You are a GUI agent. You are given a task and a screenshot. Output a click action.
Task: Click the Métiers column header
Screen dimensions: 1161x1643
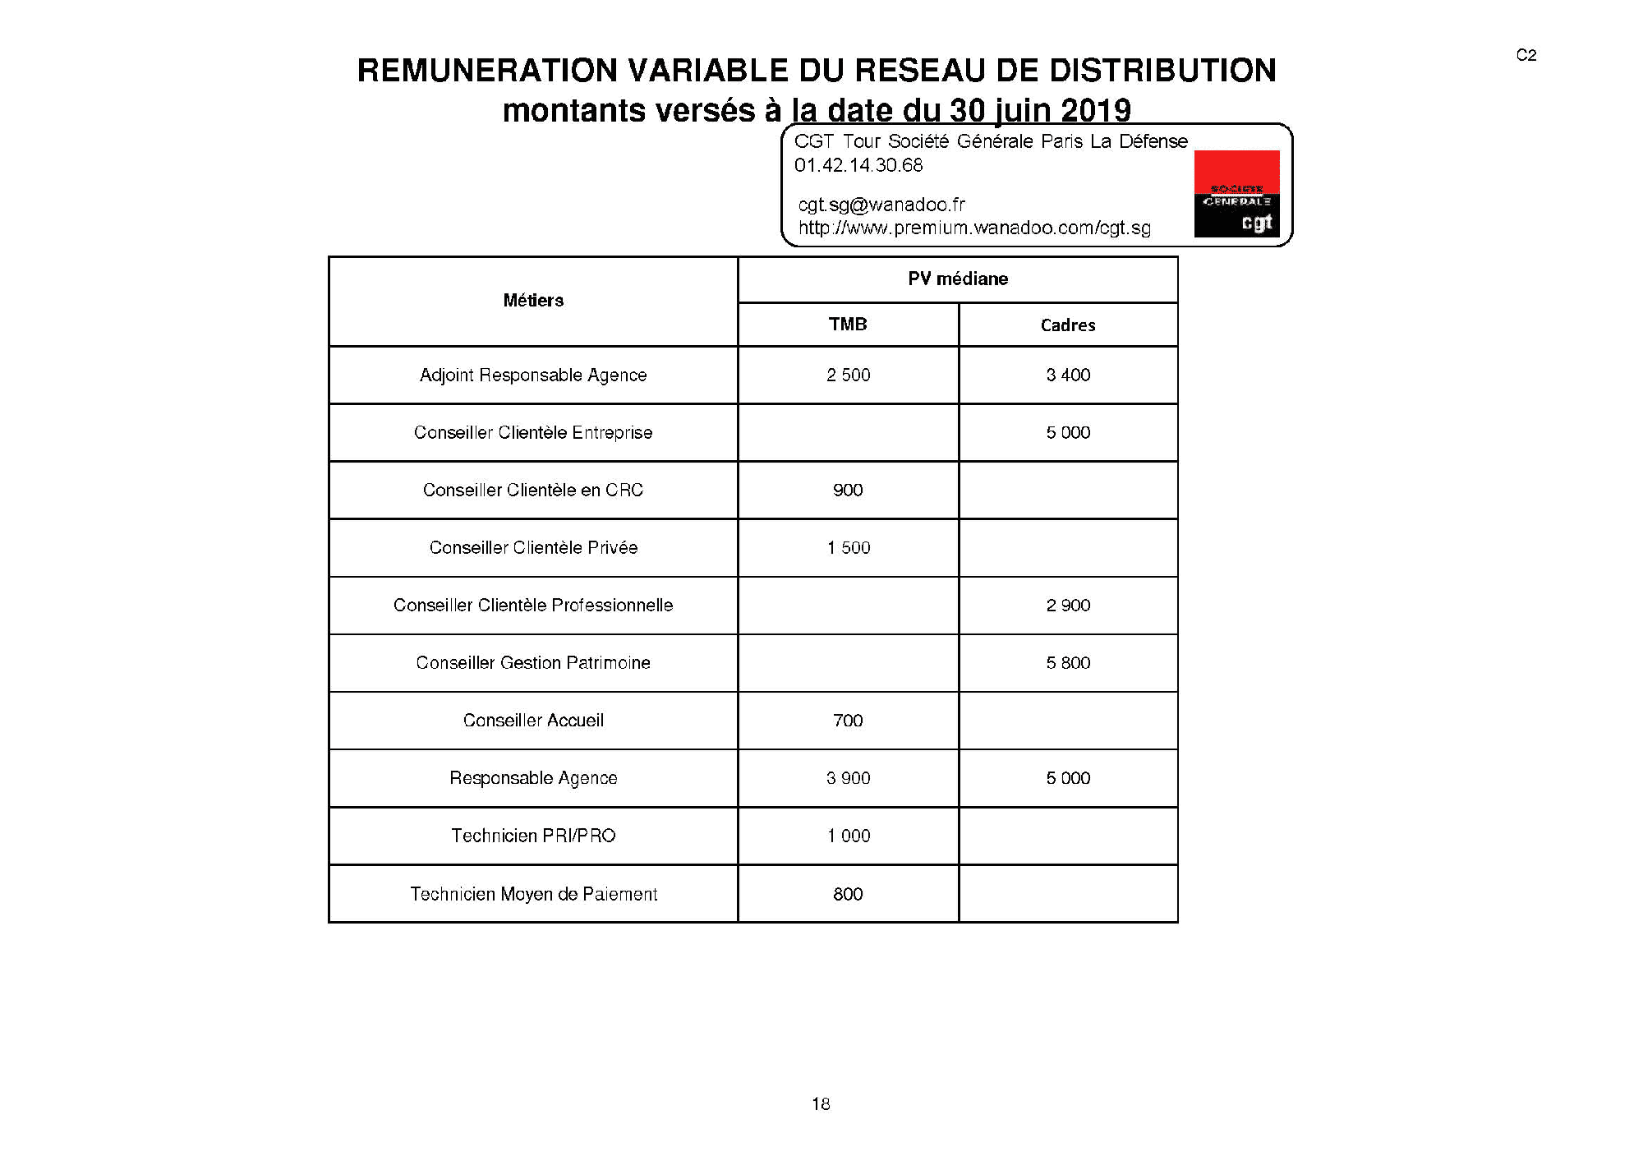tap(533, 301)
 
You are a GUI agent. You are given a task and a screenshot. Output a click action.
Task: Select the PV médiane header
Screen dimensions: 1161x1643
tap(958, 279)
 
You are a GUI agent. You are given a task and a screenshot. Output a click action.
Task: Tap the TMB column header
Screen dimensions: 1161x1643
tap(848, 325)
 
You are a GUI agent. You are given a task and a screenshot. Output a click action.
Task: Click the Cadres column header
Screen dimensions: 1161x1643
tap(1068, 325)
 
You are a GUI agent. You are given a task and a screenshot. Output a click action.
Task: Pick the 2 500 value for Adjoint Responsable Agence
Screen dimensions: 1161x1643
tap(848, 375)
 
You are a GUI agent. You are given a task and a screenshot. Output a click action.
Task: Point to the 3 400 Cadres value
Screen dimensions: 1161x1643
tap(1068, 375)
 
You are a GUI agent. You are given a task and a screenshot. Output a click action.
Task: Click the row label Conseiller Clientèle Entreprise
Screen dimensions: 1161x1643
tap(533, 433)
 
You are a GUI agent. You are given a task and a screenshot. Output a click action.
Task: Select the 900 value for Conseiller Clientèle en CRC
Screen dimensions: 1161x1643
tap(848, 491)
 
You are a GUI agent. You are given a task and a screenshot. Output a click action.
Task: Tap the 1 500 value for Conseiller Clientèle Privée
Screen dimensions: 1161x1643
tap(848, 548)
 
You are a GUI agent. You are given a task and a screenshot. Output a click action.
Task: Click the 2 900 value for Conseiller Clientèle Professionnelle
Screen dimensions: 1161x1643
tap(1068, 606)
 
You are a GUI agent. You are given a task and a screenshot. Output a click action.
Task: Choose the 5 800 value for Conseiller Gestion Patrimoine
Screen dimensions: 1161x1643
tap(1068, 663)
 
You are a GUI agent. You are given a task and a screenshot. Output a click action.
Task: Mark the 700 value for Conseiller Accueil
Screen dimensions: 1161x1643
tap(848, 721)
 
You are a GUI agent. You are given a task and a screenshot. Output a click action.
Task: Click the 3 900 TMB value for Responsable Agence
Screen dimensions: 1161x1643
tap(848, 778)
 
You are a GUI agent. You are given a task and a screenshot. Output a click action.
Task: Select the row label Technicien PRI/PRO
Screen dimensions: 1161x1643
tap(533, 836)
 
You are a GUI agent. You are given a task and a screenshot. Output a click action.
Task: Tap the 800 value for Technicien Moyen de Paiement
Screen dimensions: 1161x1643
tap(848, 894)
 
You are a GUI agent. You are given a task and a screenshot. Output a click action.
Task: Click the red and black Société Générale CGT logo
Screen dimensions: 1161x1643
tap(1236, 195)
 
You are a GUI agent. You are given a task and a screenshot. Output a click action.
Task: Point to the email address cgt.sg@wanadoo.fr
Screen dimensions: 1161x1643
tap(881, 205)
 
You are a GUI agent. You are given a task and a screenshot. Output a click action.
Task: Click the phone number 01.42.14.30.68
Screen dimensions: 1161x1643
tap(858, 165)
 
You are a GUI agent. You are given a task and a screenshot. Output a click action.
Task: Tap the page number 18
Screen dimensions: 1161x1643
tap(821, 1104)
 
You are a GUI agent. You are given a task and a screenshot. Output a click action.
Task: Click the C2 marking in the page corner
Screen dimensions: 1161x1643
tap(1526, 55)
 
